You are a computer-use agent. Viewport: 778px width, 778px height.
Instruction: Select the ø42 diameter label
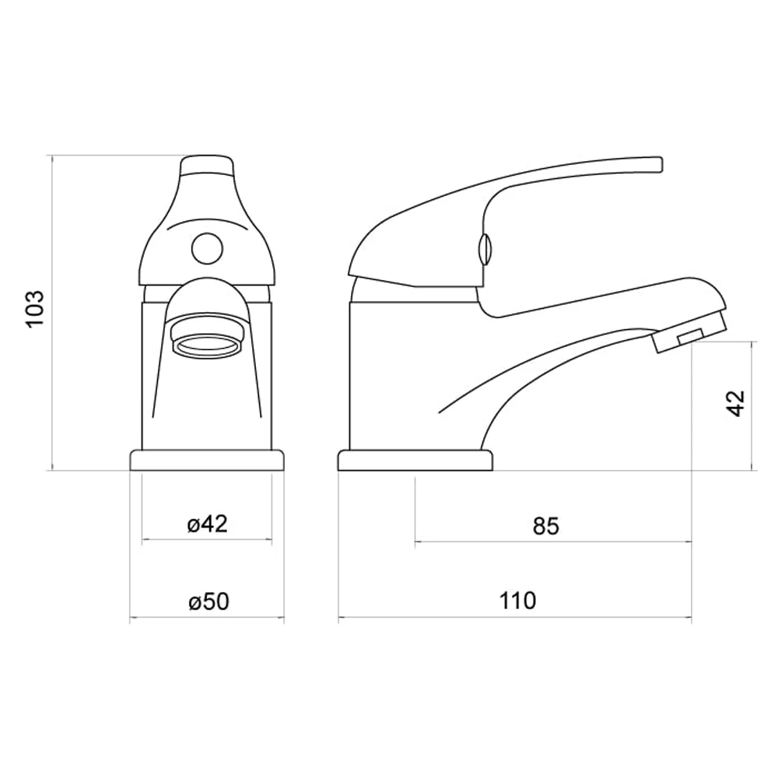click(x=207, y=524)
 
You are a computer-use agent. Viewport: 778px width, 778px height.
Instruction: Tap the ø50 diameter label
click(x=207, y=601)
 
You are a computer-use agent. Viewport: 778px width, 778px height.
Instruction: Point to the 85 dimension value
click(x=546, y=527)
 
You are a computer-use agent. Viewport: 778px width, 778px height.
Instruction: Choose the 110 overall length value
click(x=517, y=601)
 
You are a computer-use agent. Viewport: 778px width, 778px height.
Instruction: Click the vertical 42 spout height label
click(x=736, y=403)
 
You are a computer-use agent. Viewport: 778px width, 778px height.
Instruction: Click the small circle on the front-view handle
click(x=207, y=250)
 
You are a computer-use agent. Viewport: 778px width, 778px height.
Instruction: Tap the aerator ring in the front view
click(x=207, y=342)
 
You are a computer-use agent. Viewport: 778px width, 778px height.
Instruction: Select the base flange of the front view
click(x=207, y=461)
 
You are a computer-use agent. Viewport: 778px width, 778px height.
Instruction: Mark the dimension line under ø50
click(x=207, y=619)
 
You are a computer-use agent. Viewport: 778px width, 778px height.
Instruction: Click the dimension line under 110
click(x=515, y=619)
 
